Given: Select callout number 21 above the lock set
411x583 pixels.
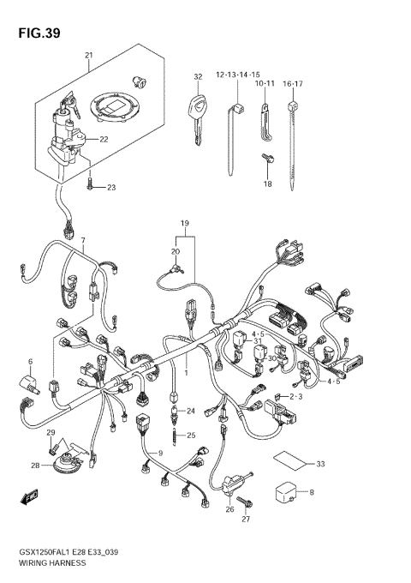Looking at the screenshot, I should [x=88, y=56].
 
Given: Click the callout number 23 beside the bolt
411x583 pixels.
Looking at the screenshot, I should [x=110, y=187].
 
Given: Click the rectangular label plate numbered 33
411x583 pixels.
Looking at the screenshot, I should [x=291, y=460].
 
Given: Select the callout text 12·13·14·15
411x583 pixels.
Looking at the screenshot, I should [x=238, y=75].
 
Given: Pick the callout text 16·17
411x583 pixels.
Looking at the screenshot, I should [x=294, y=83].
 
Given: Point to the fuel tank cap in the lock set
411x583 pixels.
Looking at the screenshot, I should [x=114, y=105].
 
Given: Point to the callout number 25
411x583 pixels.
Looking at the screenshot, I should [x=192, y=435].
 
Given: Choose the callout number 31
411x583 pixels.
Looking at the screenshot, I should [x=257, y=341].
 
